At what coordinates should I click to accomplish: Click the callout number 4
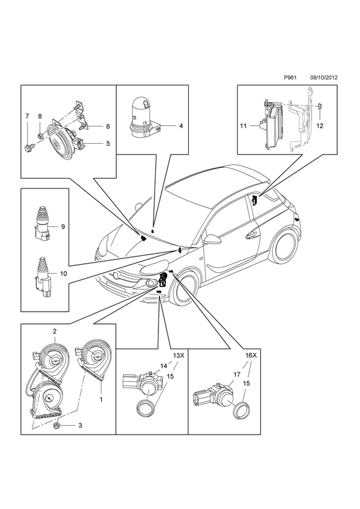(x=181, y=125)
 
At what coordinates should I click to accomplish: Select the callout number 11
(x=244, y=126)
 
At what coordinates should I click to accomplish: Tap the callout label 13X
(x=178, y=356)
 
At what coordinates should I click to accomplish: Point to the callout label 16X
(x=251, y=356)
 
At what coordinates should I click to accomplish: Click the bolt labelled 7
(x=27, y=149)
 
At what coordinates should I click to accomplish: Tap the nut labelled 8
(x=40, y=134)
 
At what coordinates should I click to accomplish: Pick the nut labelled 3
(x=57, y=426)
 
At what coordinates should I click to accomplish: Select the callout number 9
(x=63, y=227)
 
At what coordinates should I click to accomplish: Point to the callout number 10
(x=64, y=274)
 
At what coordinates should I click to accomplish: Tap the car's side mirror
(x=212, y=240)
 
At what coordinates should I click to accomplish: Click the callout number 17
(x=237, y=375)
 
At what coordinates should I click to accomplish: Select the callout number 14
(x=164, y=366)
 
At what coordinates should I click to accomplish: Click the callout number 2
(x=55, y=331)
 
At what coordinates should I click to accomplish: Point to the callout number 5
(x=107, y=143)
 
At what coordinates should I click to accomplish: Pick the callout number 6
(x=107, y=126)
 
